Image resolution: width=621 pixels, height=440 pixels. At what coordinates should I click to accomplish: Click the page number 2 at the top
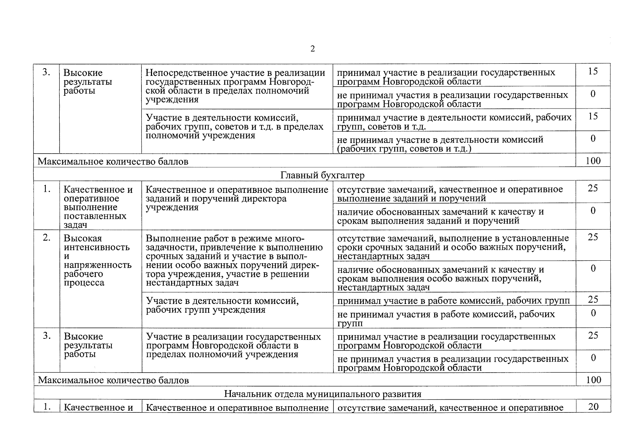[x=312, y=49]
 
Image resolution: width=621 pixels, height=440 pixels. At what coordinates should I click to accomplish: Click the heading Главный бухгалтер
[x=322, y=175]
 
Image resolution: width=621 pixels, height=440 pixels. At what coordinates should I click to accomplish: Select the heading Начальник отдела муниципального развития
[x=322, y=394]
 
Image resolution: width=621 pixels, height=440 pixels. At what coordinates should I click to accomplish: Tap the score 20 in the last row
[x=593, y=406]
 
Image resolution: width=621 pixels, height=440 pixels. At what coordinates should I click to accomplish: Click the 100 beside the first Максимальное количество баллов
[x=593, y=161]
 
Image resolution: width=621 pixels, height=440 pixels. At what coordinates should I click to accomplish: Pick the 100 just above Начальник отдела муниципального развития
[x=593, y=379]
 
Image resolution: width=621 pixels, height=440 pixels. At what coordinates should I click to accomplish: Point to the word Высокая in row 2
[x=82, y=239]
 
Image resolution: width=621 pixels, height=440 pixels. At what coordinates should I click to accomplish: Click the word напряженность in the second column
[x=97, y=265]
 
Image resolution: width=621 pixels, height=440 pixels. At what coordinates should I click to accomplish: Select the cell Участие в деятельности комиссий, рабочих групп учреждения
[x=222, y=305]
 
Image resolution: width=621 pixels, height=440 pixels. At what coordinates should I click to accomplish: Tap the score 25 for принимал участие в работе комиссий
[x=593, y=300]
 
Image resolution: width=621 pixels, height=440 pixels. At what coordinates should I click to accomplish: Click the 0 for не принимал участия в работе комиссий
[x=593, y=313]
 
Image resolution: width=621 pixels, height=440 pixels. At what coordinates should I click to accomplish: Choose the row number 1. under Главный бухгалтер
[x=47, y=189]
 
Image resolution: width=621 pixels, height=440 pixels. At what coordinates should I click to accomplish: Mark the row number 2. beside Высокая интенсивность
[x=47, y=238]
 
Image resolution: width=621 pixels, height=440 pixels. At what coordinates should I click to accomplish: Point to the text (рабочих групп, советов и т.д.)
[x=404, y=148]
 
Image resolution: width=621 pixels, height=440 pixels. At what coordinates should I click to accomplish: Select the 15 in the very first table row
[x=593, y=71]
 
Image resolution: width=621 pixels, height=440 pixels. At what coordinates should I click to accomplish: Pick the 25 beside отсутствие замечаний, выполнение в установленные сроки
[x=593, y=237]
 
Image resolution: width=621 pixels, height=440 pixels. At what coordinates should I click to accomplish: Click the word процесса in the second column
[x=84, y=283]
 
